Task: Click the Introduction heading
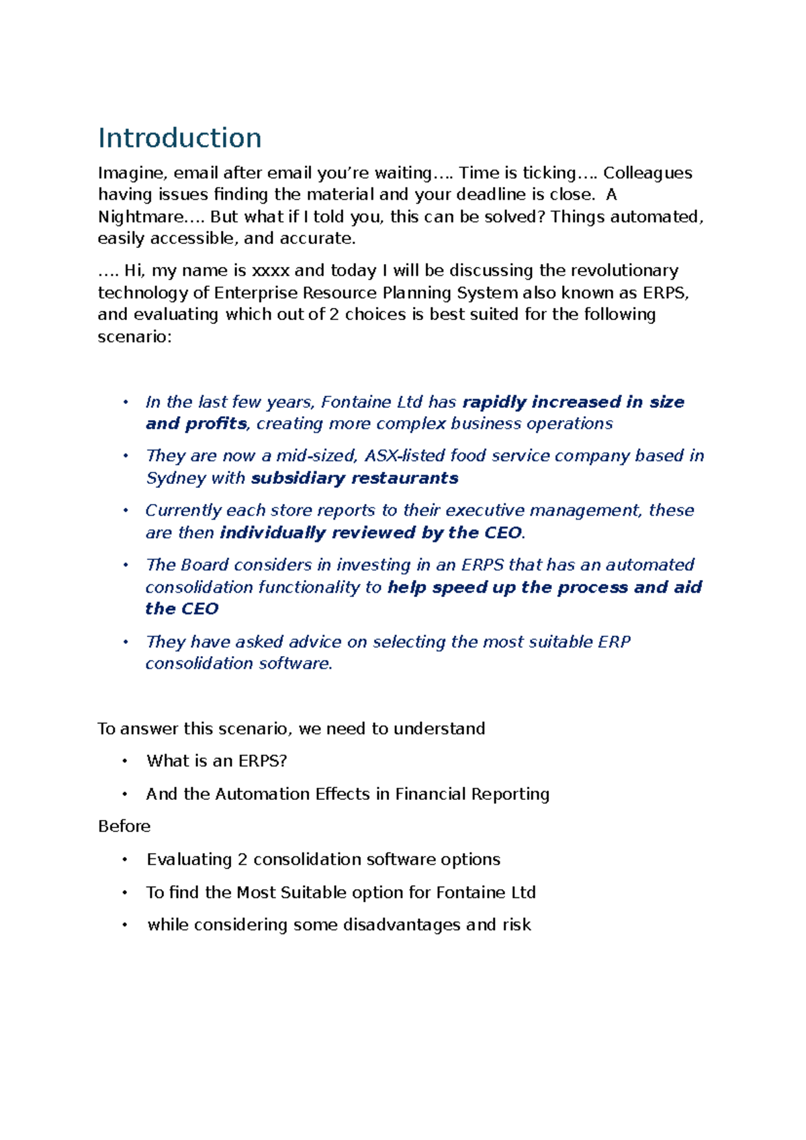(x=179, y=138)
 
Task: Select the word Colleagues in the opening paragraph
(x=647, y=173)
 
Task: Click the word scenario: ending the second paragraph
(x=135, y=336)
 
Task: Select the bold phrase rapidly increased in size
(x=574, y=402)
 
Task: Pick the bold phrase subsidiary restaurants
(x=355, y=478)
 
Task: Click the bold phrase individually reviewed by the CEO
(x=371, y=532)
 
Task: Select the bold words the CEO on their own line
(x=182, y=609)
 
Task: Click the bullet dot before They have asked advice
(x=125, y=641)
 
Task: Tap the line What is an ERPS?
(x=216, y=761)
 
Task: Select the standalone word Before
(x=124, y=826)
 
